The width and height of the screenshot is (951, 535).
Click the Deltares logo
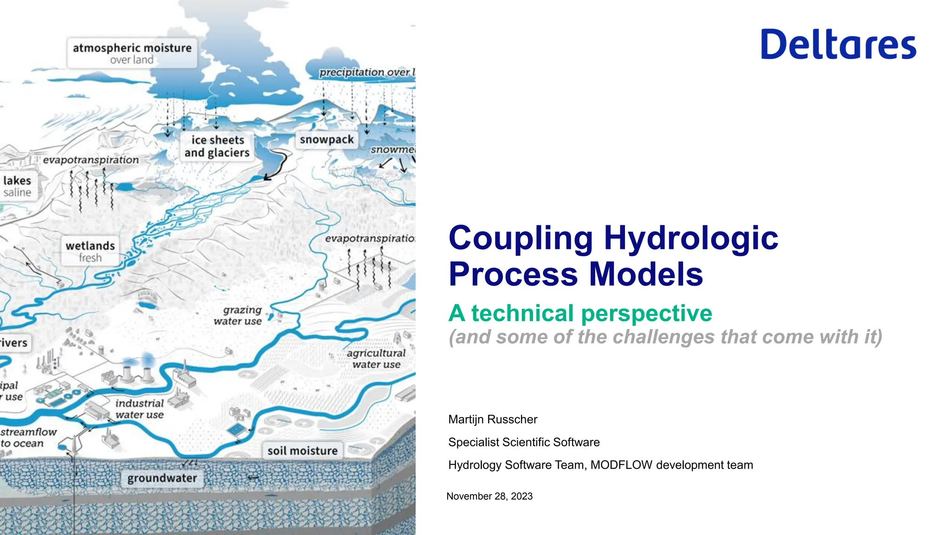tap(838, 44)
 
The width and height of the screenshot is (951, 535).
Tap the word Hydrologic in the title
tap(690, 238)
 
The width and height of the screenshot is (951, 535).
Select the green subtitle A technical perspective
tap(580, 313)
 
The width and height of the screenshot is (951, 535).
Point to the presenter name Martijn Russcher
tap(493, 419)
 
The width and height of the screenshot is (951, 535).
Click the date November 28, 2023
tap(489, 496)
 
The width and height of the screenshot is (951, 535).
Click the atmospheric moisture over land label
tap(132, 53)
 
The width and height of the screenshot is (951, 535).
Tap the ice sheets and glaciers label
tap(217, 146)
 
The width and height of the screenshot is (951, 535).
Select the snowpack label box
tap(326, 139)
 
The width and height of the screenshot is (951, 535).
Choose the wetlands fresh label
tap(90, 251)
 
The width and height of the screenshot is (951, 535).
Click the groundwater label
tap(162, 478)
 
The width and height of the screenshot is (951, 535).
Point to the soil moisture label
tap(302, 450)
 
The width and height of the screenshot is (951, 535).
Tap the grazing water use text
tap(238, 315)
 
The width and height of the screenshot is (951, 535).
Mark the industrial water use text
tap(139, 409)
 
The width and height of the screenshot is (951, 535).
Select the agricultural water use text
tap(376, 359)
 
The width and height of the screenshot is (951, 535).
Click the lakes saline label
tap(17, 186)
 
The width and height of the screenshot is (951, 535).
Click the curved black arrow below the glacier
tap(278, 165)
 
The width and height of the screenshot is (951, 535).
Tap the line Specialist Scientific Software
tap(524, 442)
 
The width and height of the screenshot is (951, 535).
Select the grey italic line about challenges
tap(665, 337)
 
